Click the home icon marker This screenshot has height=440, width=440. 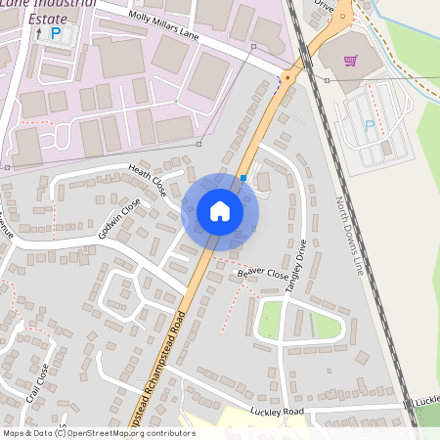coord(220,211)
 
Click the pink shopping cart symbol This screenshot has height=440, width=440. coord(350,61)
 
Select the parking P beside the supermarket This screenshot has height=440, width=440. coord(369,125)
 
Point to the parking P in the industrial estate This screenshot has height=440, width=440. coord(55,34)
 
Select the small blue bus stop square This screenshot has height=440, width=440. coord(242,178)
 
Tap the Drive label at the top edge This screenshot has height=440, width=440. coord(325,5)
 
